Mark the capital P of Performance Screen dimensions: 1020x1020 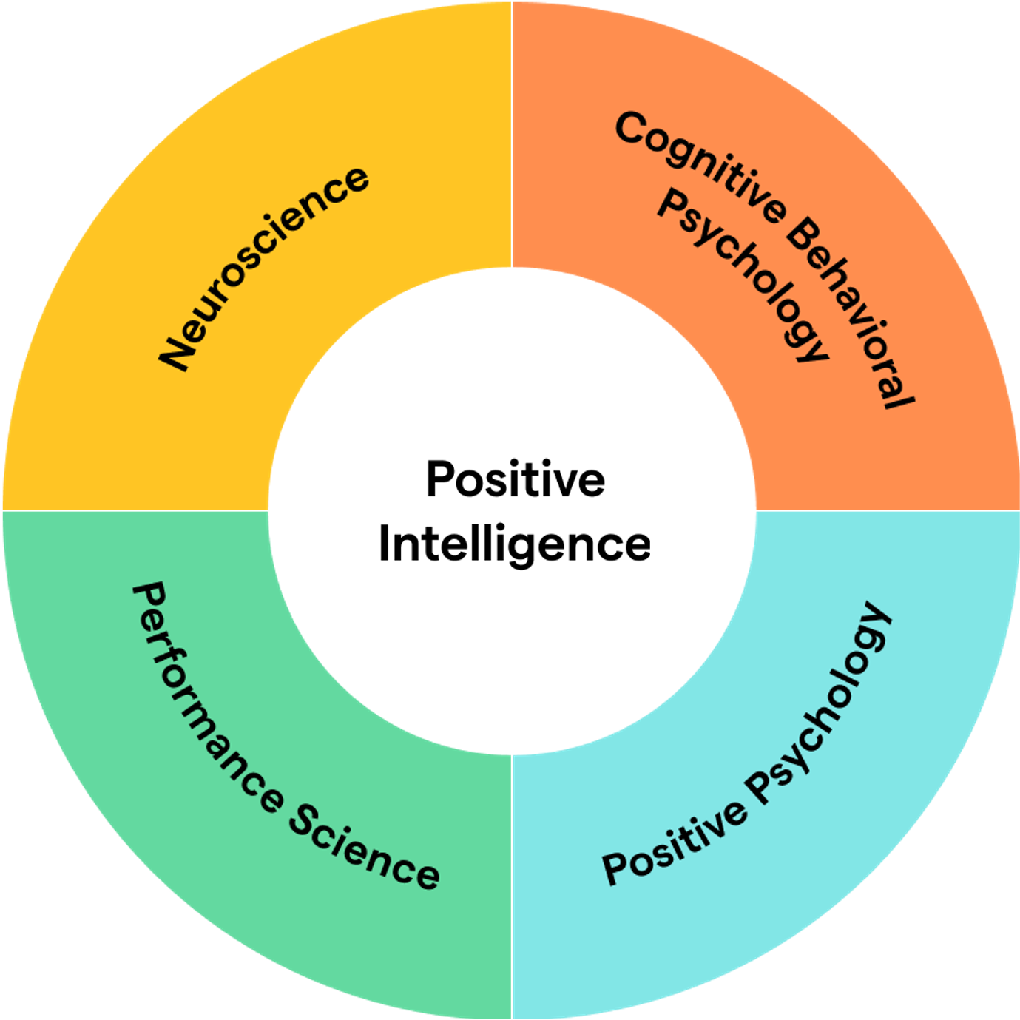[148, 596]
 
